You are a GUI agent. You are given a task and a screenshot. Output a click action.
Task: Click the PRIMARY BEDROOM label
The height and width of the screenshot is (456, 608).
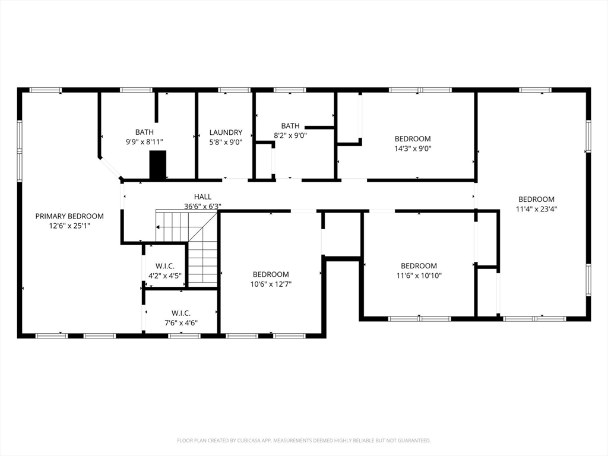(69, 216)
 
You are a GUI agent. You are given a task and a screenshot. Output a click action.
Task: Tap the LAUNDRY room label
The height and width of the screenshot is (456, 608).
(226, 132)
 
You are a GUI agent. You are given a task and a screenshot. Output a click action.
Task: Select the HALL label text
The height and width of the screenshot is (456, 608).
(203, 197)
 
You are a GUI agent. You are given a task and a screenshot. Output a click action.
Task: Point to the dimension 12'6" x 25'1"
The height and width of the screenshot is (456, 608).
(69, 226)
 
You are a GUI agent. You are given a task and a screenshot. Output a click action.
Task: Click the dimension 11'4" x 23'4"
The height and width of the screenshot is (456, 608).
(536, 209)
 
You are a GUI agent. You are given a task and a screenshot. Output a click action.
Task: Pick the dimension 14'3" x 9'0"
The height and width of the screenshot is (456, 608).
(413, 148)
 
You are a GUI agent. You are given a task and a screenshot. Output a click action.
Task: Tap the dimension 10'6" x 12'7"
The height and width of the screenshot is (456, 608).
(271, 284)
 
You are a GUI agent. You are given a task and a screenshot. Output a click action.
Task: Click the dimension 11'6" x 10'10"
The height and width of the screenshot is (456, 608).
(419, 275)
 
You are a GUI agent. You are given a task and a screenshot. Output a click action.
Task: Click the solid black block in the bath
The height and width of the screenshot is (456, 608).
(158, 165)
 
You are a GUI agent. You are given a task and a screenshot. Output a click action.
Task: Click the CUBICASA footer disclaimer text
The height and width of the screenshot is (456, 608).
(304, 441)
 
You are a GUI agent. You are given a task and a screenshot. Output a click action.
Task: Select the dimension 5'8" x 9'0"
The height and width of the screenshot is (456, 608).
(226, 142)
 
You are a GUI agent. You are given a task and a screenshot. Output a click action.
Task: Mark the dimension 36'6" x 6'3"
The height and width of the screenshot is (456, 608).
(203, 207)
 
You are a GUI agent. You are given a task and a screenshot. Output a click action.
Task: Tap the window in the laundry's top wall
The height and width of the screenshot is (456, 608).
(234, 90)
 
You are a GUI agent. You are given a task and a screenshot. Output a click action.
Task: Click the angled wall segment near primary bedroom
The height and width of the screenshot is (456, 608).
(110, 168)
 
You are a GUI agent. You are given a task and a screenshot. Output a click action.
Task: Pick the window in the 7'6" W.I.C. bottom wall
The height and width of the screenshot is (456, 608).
(184, 336)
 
